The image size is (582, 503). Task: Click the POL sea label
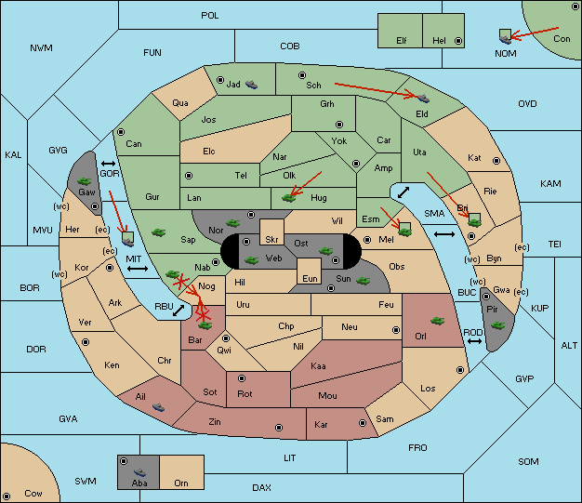coord(210,16)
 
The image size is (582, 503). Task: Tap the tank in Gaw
coord(85,181)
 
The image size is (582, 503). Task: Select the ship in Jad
coord(251,85)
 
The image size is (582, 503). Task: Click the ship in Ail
coord(158,407)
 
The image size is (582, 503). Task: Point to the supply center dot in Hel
coord(458,41)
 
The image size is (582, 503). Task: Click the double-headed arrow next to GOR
coord(108,164)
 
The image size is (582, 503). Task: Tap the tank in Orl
coord(437,321)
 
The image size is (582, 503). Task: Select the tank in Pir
coord(497,325)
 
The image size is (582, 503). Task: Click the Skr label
coord(271,240)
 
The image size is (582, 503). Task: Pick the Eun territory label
coord(310,278)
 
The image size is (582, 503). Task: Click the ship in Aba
coord(140,472)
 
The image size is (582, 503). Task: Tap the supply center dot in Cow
coord(7,496)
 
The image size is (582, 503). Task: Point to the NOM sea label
coord(506,54)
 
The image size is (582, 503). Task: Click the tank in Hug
coord(289,198)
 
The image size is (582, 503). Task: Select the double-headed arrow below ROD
coord(474,341)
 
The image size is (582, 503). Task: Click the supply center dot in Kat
coord(496,161)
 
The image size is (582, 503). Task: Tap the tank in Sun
coord(363,281)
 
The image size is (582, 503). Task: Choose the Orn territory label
coord(181,483)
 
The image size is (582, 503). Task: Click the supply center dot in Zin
coord(279,428)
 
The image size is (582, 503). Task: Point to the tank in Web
coord(252,260)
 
